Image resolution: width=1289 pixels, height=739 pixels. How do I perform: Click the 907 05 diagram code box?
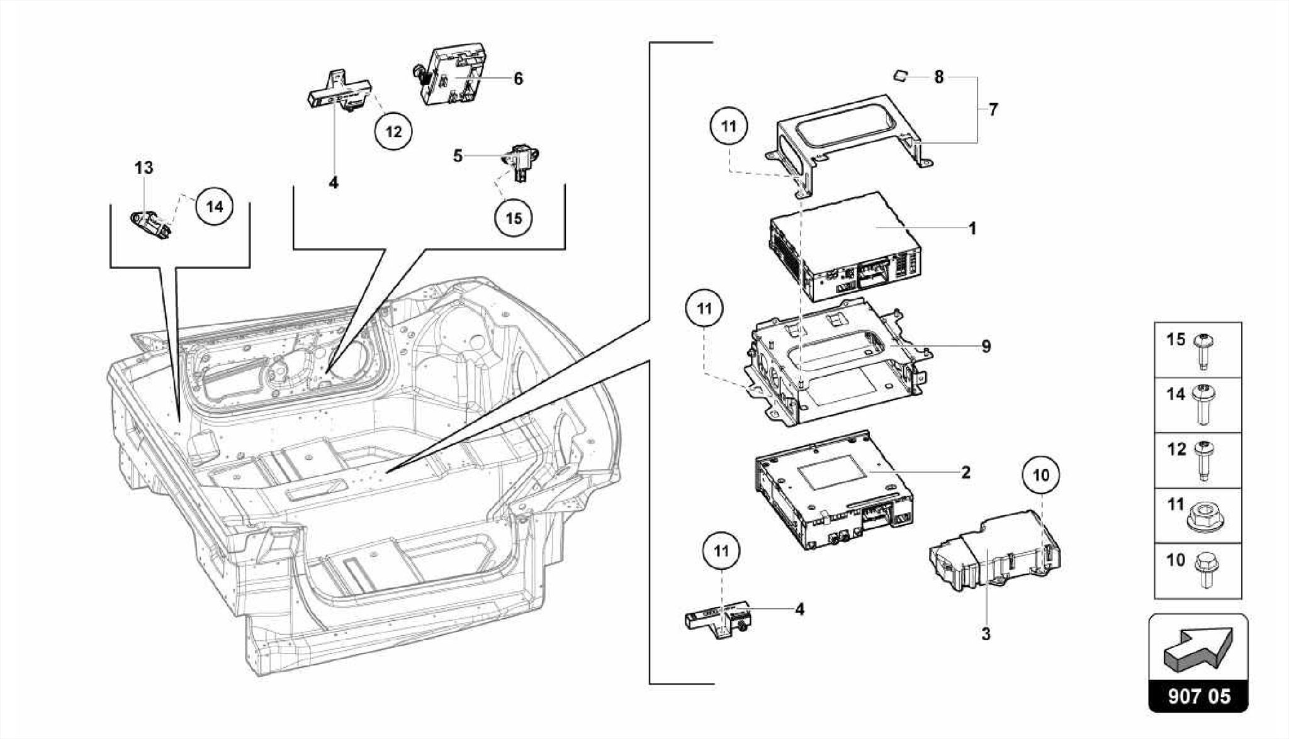pyautogui.click(x=1198, y=696)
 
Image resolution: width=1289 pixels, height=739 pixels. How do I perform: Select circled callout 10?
pyautogui.click(x=1041, y=475)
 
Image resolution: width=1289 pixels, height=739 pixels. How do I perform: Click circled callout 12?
pyautogui.click(x=393, y=131)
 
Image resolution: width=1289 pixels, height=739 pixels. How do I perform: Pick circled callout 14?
pyautogui.click(x=215, y=206)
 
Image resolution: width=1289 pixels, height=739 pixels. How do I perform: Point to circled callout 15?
pyautogui.click(x=514, y=218)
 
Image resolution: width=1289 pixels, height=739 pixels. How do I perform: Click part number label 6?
pyautogui.click(x=518, y=79)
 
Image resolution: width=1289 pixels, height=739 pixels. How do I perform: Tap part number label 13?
pyautogui.click(x=144, y=168)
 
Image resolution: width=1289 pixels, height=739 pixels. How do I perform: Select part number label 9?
pyautogui.click(x=986, y=347)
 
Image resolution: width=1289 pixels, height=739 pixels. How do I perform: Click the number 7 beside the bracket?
pyautogui.click(x=993, y=109)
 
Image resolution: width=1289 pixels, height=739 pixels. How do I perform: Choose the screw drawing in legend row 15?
pyautogui.click(x=1203, y=350)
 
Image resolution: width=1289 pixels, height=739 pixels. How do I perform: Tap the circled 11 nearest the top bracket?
pyautogui.click(x=728, y=126)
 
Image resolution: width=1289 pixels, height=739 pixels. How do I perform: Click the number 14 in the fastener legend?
pyautogui.click(x=1176, y=394)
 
